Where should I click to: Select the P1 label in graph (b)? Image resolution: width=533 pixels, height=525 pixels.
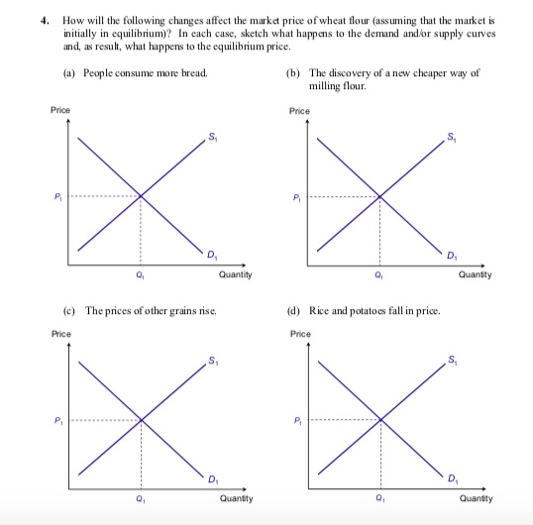tap(296, 196)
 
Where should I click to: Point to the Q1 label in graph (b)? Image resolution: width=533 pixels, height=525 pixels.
tap(380, 275)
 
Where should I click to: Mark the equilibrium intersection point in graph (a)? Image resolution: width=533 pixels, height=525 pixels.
tap(141, 195)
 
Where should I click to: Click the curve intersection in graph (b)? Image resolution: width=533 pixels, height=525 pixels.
tap(380, 196)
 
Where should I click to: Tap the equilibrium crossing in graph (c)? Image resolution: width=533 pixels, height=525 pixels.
tap(142, 419)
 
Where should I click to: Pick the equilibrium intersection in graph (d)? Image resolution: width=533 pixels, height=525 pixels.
tap(381, 419)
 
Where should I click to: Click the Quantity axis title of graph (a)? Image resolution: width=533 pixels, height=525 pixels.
tap(235, 274)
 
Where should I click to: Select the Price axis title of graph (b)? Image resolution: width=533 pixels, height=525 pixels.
tap(299, 111)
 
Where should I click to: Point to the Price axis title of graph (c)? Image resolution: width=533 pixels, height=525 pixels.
tap(60, 334)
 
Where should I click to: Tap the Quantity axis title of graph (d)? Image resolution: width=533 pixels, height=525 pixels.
tap(476, 499)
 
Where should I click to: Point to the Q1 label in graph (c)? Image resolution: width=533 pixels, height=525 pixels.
tap(142, 499)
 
